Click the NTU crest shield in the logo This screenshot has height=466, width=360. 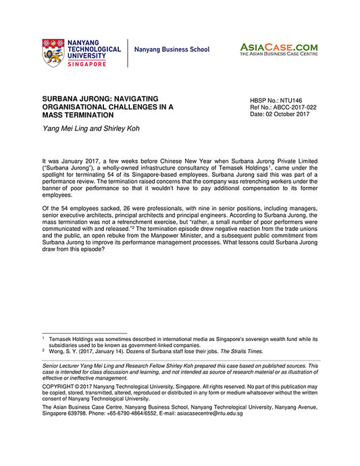point(53,51)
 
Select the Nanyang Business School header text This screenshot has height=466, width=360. point(172,50)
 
